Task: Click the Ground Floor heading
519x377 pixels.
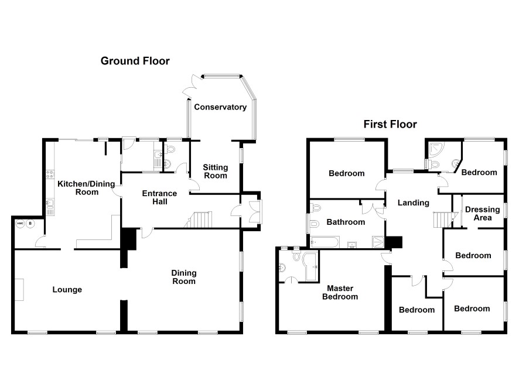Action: click(135, 60)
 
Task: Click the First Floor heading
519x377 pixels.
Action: click(390, 124)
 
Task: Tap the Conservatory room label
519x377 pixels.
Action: click(220, 107)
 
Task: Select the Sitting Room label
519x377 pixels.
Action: click(215, 172)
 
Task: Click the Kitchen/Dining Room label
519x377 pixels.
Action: click(77, 187)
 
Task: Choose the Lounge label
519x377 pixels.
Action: click(67, 289)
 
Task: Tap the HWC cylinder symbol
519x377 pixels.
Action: click(21, 224)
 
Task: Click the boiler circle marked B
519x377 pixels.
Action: click(31, 224)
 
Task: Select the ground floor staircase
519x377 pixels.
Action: click(198, 220)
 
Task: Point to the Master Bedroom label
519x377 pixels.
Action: click(342, 292)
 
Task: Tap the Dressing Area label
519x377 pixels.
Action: click(482, 214)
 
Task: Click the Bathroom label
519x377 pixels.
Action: click(346, 222)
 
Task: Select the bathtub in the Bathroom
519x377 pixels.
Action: click(326, 242)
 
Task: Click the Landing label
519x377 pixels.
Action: click(413, 203)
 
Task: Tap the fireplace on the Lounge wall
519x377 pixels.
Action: click(19, 290)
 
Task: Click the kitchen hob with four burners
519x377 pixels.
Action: click(50, 174)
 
